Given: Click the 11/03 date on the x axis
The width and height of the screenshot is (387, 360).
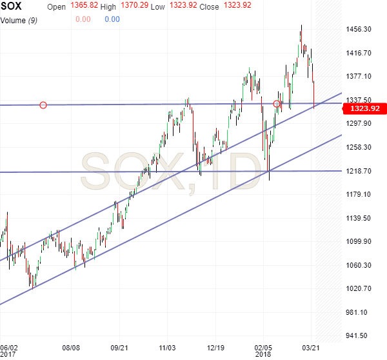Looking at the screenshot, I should point(168,346).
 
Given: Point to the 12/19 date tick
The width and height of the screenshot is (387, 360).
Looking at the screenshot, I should point(215,346).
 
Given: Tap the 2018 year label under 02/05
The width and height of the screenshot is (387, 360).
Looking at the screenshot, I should point(263,354).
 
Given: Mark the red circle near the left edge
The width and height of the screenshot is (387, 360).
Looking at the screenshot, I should point(43,105).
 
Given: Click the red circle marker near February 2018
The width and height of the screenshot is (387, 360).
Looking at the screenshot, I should point(277,104).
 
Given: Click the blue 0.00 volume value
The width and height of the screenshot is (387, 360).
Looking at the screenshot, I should point(112,19).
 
